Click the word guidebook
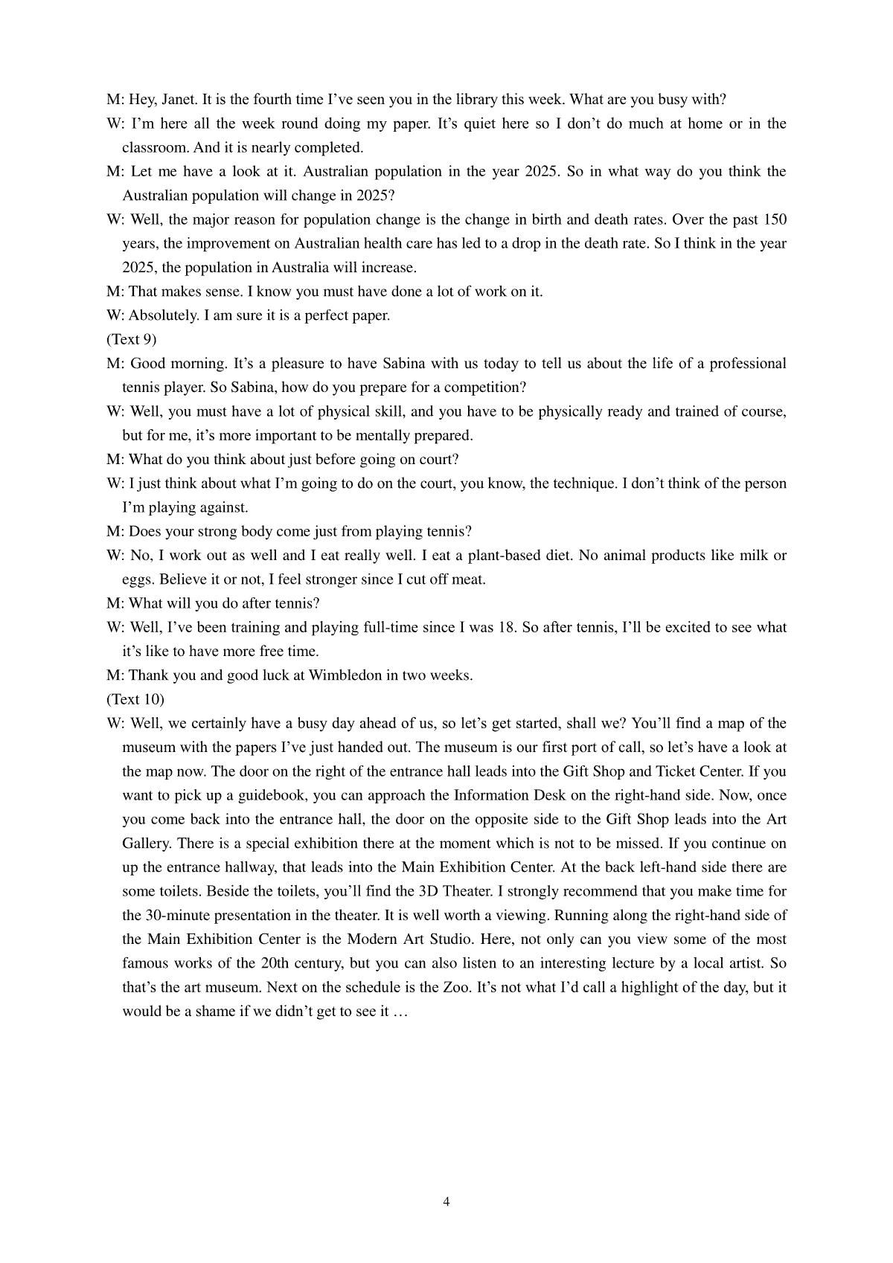(272, 796)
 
